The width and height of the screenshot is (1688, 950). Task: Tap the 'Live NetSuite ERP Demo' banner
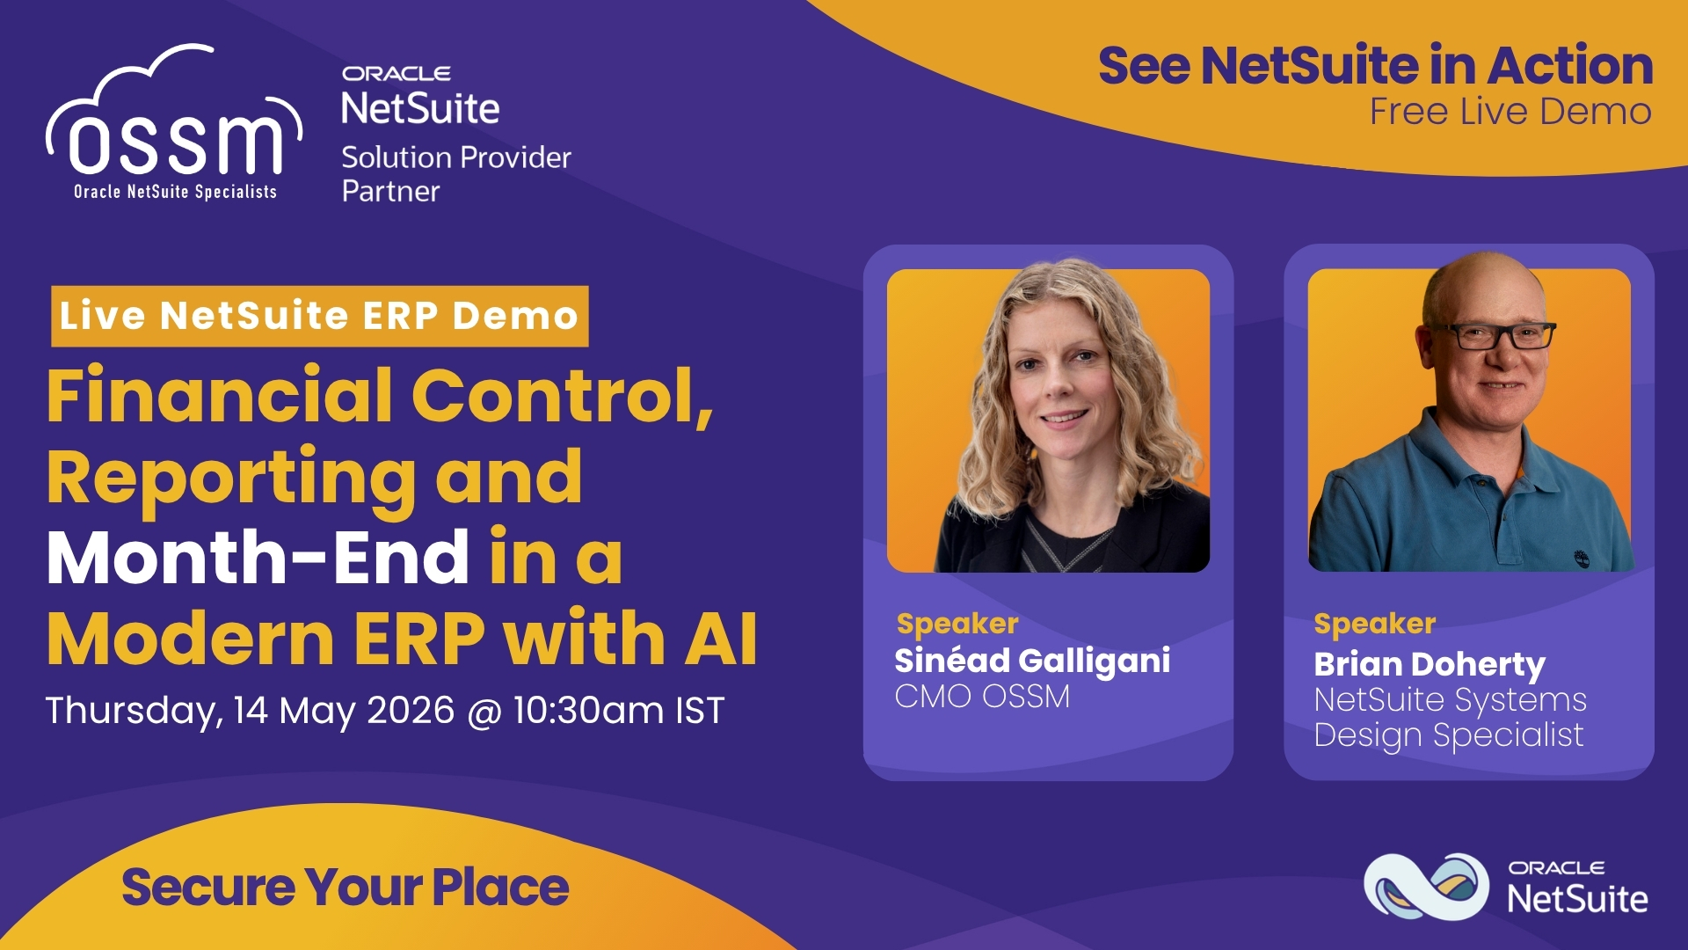click(x=319, y=316)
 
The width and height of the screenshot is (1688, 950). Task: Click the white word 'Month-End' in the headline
click(x=258, y=557)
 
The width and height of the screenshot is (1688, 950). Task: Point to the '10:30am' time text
click(x=589, y=711)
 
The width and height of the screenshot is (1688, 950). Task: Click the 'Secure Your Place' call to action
click(x=345, y=887)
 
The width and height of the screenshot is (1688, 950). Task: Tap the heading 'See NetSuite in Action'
click(x=1376, y=65)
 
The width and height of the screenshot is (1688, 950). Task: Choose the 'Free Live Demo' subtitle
click(x=1510, y=112)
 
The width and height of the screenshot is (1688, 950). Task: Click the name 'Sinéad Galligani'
click(x=1032, y=661)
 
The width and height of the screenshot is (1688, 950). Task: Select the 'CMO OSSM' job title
click(x=982, y=697)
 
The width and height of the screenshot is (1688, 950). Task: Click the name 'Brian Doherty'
click(x=1430, y=664)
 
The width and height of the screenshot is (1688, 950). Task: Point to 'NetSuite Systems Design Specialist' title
click(x=1450, y=718)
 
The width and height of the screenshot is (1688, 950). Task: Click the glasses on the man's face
click(x=1492, y=335)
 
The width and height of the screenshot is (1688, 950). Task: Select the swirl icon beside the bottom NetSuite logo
click(x=1426, y=886)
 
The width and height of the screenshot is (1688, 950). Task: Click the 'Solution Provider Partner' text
click(x=456, y=174)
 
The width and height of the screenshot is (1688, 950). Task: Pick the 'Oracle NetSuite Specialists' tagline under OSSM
click(x=175, y=192)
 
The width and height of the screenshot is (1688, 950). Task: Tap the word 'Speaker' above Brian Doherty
click(x=1375, y=624)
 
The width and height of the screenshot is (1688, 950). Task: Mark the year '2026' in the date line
click(x=411, y=711)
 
